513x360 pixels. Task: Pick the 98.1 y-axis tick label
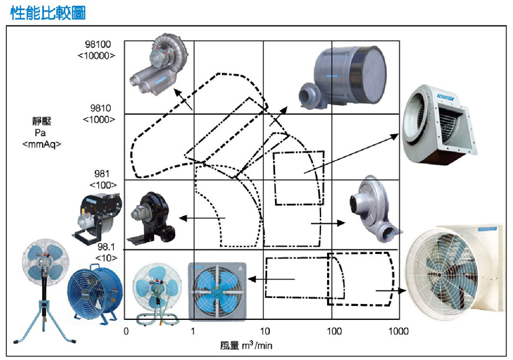coord(105,247)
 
